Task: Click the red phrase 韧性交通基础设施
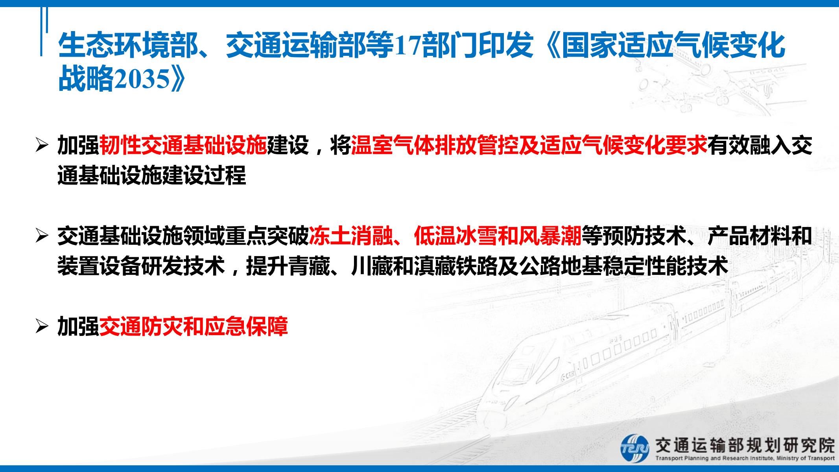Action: pos(183,145)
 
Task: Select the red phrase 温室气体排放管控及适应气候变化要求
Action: pos(529,145)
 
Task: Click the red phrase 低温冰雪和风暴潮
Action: pos(498,236)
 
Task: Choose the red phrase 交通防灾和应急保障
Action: pos(194,326)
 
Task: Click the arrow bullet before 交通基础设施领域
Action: pos(41,236)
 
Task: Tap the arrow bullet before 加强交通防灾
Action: pos(41,327)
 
